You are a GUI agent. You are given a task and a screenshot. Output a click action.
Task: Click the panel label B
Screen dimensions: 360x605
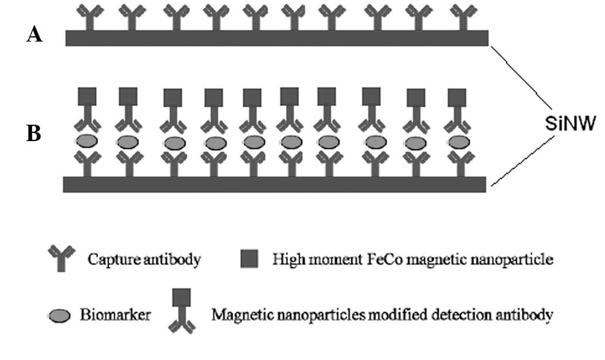pos(34,134)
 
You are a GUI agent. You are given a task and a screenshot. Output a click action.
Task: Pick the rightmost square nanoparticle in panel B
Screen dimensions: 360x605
pos(457,97)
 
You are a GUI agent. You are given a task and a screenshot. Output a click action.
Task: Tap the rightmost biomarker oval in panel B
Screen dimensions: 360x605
pos(457,142)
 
